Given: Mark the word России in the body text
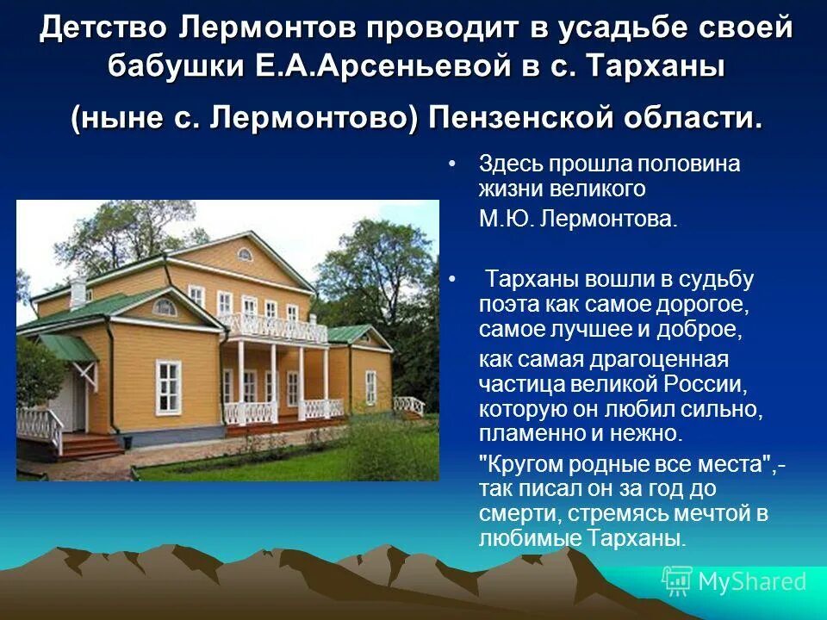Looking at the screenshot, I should pos(698,381).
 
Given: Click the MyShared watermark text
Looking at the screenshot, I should pos(753,582).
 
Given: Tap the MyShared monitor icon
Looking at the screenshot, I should pos(677,581).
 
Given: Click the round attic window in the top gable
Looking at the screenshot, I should pos(245,254).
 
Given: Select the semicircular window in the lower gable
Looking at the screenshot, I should pos(164,307).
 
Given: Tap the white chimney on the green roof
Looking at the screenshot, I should pos(78,291).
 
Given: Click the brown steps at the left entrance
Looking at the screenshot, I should pos(90,447).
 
